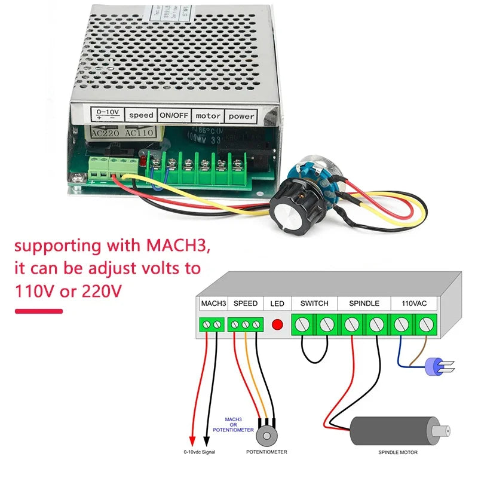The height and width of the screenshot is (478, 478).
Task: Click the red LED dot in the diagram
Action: pos(277,326)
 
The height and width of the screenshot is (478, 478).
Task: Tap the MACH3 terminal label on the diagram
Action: pos(213,304)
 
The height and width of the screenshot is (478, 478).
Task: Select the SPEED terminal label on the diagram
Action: pos(245,304)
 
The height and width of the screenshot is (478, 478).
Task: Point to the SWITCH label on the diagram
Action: pos(314,304)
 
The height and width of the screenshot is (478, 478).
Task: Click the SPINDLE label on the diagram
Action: pos(363,304)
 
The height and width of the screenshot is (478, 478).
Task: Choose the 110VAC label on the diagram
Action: pos(414,304)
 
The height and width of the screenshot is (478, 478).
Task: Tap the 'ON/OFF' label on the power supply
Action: pos(173,115)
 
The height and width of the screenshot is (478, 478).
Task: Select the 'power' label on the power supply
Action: pos(241,116)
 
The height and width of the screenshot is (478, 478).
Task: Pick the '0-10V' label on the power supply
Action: pos(107,112)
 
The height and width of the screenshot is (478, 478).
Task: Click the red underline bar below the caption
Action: pos(38,311)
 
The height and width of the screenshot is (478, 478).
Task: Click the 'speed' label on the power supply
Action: pos(141,114)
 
